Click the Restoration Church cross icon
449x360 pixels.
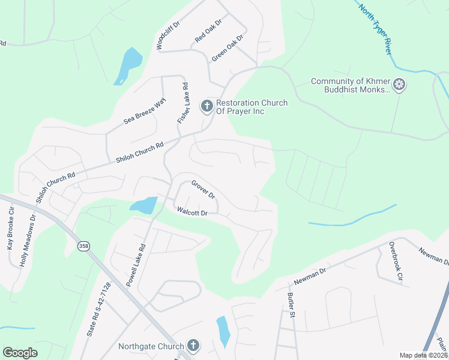[x=206, y=107]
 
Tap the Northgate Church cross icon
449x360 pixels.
[x=193, y=346]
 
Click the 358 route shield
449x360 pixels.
[x=83, y=246]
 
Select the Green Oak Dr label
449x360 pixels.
[x=228, y=48]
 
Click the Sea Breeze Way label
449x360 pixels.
[x=144, y=110]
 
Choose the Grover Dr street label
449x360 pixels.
[x=203, y=189]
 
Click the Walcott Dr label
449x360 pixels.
[x=192, y=212]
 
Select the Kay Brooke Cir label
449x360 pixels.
[x=10, y=230]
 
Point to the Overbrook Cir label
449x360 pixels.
[x=395, y=262]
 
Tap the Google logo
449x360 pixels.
[x=20, y=353]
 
